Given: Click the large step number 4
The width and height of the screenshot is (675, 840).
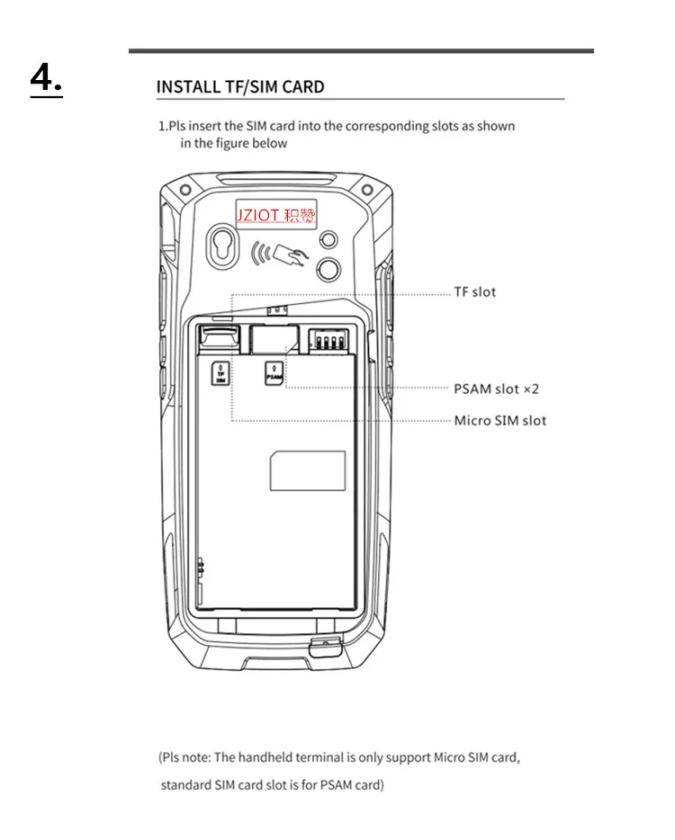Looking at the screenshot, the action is click(46, 79).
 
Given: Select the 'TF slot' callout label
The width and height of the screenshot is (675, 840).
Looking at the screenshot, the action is click(475, 292).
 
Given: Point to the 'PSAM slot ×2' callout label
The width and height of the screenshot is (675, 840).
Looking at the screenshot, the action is click(496, 389).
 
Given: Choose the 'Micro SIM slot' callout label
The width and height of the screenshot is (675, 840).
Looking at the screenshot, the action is click(500, 421).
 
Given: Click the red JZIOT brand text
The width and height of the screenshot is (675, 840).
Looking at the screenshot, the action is click(258, 215).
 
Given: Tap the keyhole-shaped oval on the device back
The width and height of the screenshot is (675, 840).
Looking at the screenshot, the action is click(223, 246).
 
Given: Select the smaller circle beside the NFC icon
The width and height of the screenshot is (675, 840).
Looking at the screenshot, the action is click(328, 239).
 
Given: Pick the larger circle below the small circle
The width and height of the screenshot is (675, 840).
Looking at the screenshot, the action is click(328, 269).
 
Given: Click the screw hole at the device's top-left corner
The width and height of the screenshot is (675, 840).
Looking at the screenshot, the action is click(185, 190).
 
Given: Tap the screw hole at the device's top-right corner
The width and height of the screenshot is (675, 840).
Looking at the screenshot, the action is click(367, 190).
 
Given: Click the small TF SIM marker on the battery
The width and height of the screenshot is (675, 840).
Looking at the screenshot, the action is click(220, 373).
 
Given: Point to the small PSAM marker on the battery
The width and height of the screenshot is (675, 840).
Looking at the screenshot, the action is click(274, 373).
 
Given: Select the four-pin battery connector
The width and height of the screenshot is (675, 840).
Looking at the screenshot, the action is click(328, 340).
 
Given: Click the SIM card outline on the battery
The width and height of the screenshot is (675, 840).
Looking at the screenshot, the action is click(307, 471).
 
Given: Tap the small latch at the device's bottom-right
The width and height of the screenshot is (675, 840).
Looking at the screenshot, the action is click(326, 647).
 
